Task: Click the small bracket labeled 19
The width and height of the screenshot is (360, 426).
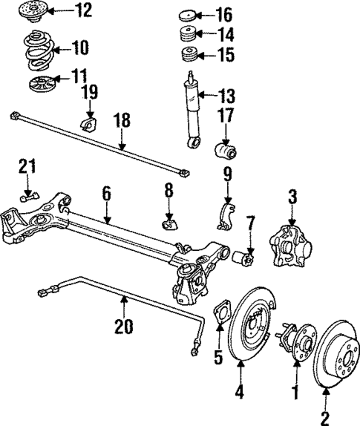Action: tap(88, 122)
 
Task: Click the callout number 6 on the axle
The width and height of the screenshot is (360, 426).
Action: tap(106, 193)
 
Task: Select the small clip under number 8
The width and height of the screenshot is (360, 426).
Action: tap(169, 220)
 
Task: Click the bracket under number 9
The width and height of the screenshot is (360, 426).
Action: tap(226, 215)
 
